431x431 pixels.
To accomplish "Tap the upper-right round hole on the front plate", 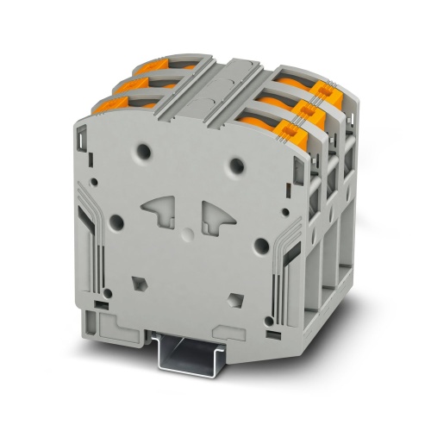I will [x=234, y=161].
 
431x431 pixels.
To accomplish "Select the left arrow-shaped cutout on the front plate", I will [x=158, y=209].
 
